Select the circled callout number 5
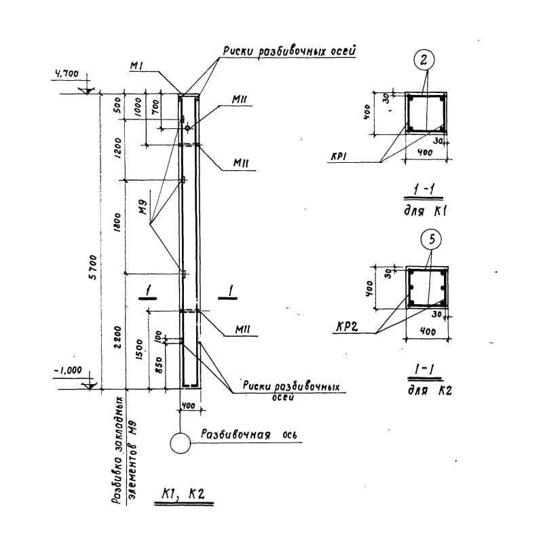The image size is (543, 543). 431,239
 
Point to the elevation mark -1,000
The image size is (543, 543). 67,371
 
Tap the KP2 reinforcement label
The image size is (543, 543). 346,328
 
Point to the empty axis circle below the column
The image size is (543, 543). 181,444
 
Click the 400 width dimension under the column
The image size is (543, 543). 189,406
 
